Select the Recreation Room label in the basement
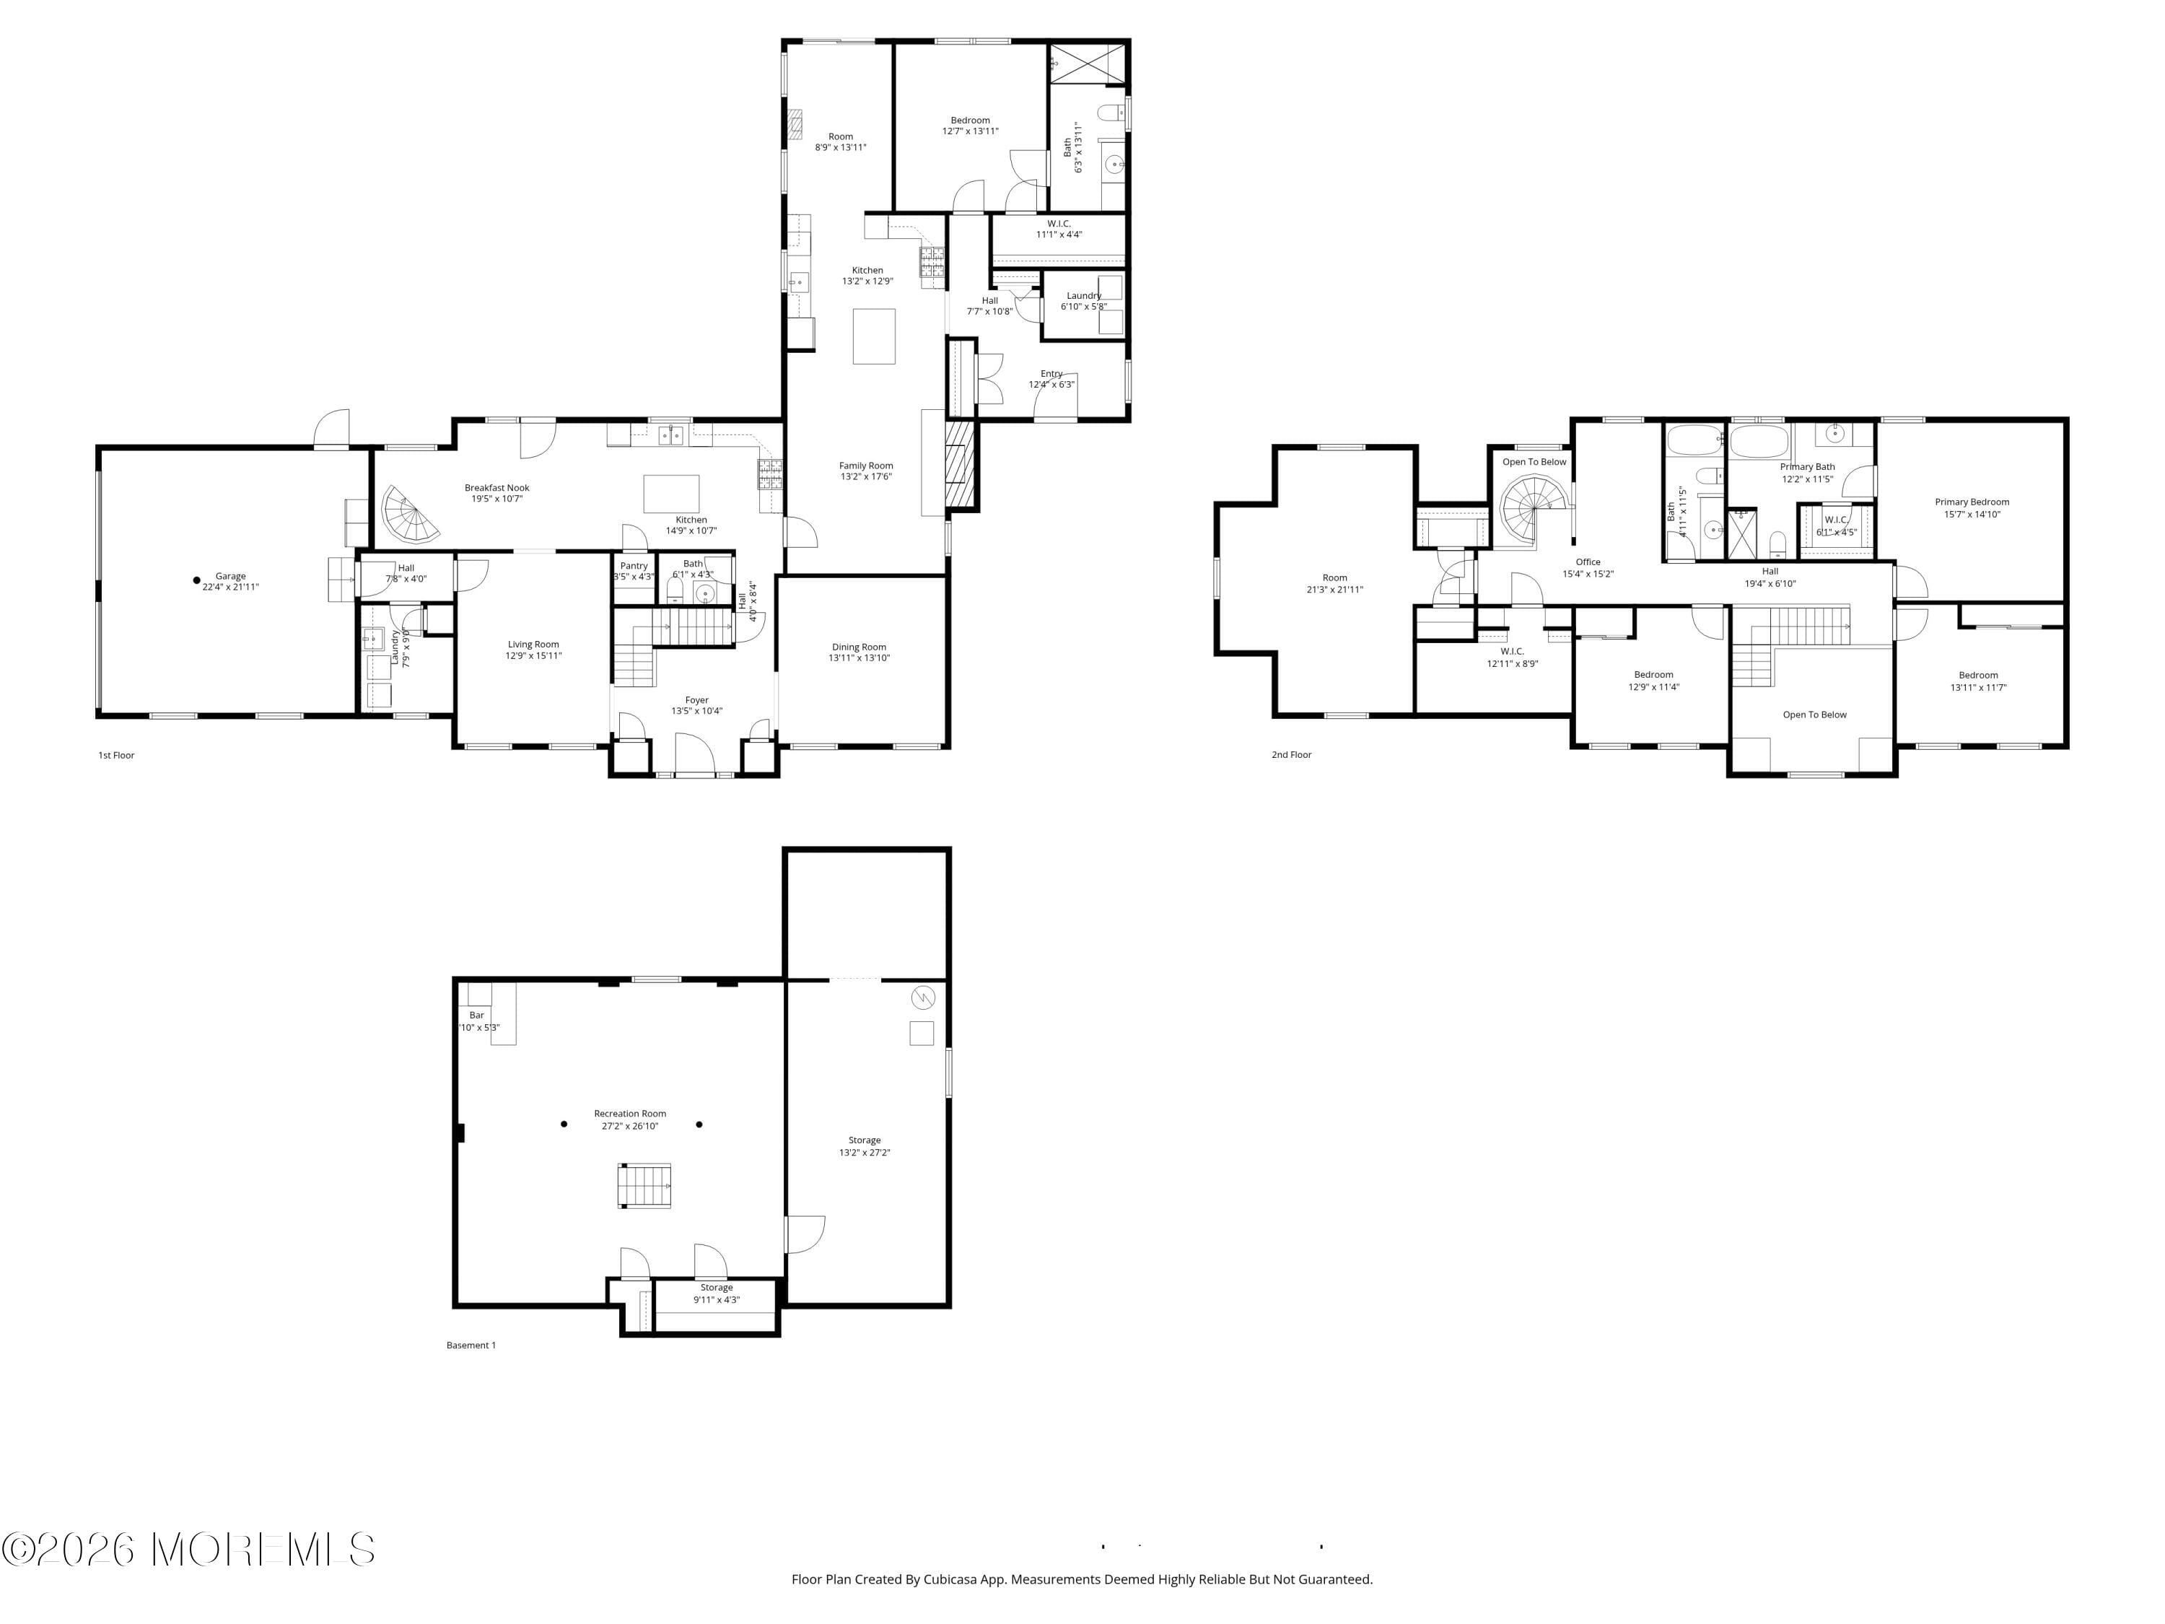click(629, 1113)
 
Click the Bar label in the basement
click(476, 1015)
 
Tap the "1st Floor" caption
click(116, 755)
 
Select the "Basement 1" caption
click(471, 1345)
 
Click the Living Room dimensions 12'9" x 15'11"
click(533, 656)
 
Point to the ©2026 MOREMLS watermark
click(188, 1550)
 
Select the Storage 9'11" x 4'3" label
click(717, 1293)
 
